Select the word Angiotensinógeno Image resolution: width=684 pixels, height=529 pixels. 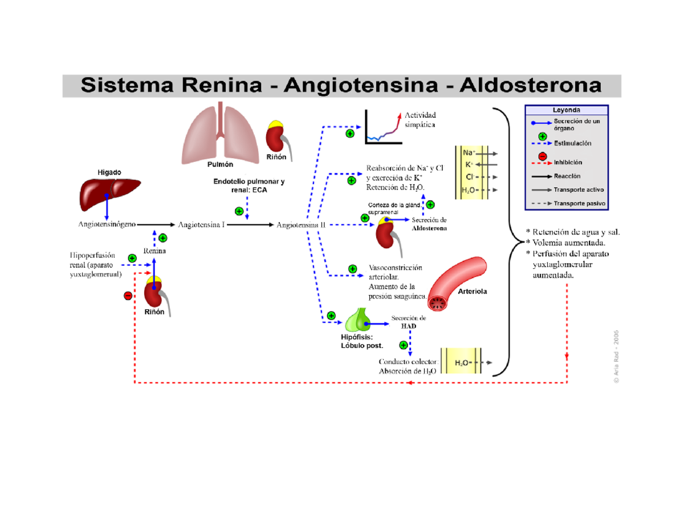click(x=107, y=225)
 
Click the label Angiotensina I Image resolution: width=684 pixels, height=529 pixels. click(x=202, y=225)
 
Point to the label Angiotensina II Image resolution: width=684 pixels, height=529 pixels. click(x=300, y=225)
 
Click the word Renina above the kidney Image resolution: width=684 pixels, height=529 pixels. click(x=154, y=251)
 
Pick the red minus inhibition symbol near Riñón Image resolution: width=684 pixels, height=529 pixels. click(x=128, y=295)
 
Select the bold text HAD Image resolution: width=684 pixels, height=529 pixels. click(x=408, y=326)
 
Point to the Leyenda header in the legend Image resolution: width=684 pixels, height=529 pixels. click(x=566, y=110)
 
